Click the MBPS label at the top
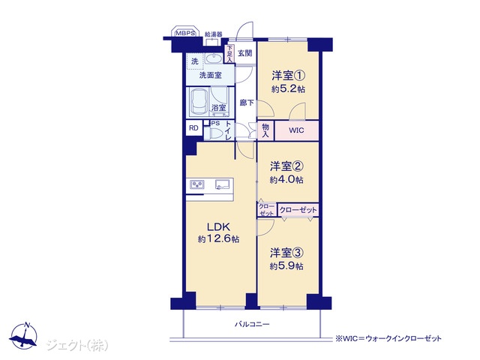coord(185,33)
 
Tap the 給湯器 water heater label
coord(213,34)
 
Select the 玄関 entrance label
coord(245,53)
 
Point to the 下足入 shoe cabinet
coord(229,54)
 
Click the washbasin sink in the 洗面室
coord(214,58)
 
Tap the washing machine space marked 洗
coord(195,61)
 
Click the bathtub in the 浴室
coord(199,102)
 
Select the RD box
coord(193,128)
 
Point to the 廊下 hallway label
coord(247,103)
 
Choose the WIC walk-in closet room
coord(296,130)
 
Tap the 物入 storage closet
coord(265,130)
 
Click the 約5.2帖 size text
coord(288,89)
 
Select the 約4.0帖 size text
coord(286,179)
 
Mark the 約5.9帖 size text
coord(286,266)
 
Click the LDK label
coord(218,227)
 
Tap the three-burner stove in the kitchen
coord(196,184)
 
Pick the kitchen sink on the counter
coord(222,184)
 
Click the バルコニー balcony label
coord(252,324)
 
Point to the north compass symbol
coord(24,336)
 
